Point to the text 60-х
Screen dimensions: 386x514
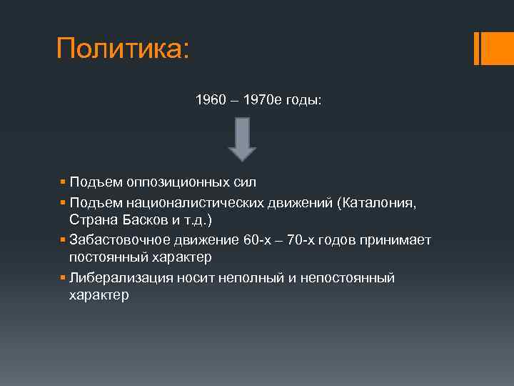click(259, 239)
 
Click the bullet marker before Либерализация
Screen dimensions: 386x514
click(63, 277)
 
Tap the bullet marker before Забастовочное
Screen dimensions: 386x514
click(63, 239)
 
